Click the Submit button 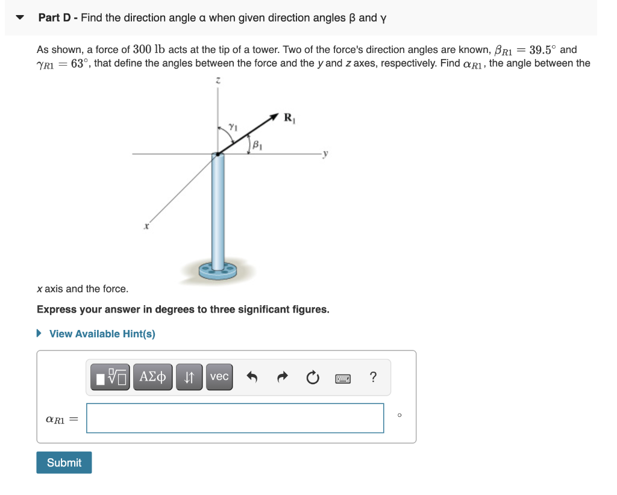click(x=64, y=462)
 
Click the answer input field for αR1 click(x=235, y=418)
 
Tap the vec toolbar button click(x=219, y=377)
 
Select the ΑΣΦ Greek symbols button click(x=152, y=377)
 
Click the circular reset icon click(x=312, y=378)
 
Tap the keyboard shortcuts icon click(x=343, y=378)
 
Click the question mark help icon click(x=373, y=378)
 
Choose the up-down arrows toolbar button click(x=189, y=377)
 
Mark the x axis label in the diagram click(x=146, y=227)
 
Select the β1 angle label click(x=257, y=145)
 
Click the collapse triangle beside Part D click(x=20, y=17)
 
